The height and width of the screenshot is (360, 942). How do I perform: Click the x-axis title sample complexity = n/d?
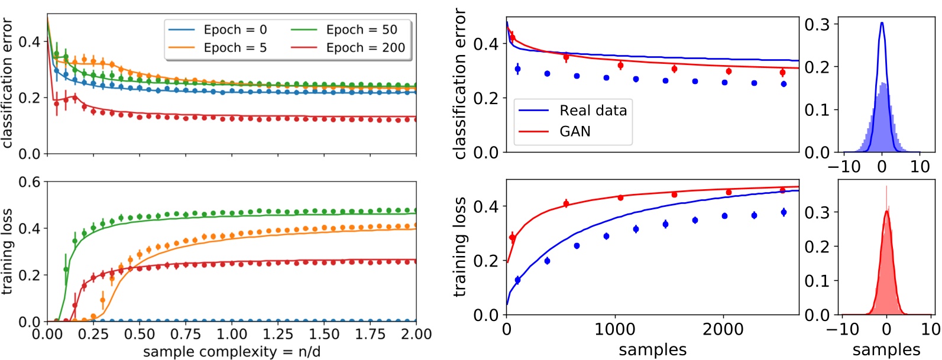click(232, 352)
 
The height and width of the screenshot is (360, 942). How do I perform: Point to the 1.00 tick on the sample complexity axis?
click(232, 335)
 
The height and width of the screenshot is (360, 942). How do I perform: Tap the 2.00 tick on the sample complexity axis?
click(416, 335)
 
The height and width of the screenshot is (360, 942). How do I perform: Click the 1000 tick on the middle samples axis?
click(616, 330)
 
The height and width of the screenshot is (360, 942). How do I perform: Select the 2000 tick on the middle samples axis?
click(724, 330)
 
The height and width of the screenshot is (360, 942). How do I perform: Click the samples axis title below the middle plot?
click(653, 350)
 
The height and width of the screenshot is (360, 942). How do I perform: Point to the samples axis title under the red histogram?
click(886, 350)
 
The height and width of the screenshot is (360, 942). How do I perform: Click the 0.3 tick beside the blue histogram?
click(817, 24)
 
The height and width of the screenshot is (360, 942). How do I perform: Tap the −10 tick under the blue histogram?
click(844, 167)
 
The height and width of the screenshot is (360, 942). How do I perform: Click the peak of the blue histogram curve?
click(882, 23)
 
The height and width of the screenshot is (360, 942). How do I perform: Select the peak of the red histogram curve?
click(886, 211)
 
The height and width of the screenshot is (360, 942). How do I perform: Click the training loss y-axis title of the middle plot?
click(460, 247)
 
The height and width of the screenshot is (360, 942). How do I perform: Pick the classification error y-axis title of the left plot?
click(7, 83)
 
